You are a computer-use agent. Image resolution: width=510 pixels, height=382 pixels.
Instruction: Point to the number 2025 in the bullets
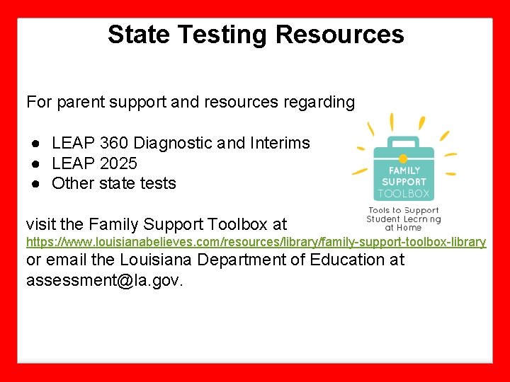(x=119, y=163)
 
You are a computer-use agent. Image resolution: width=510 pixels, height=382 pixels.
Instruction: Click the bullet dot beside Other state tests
(x=34, y=183)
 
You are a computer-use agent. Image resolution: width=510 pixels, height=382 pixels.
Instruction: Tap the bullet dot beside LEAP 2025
(x=34, y=163)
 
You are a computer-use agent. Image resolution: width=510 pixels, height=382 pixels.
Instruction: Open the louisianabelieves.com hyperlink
(x=256, y=242)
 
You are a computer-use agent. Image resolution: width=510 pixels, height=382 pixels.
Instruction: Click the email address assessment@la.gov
(x=104, y=280)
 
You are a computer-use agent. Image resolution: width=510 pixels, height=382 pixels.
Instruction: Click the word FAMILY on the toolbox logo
(x=404, y=170)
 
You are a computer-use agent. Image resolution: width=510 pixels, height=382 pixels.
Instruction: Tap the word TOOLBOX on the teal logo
(x=404, y=193)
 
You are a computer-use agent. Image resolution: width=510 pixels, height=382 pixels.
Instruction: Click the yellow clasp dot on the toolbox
(x=403, y=158)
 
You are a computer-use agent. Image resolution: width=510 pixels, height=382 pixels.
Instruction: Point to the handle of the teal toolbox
(x=403, y=141)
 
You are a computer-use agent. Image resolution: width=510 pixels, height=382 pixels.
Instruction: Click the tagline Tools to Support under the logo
(x=403, y=210)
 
